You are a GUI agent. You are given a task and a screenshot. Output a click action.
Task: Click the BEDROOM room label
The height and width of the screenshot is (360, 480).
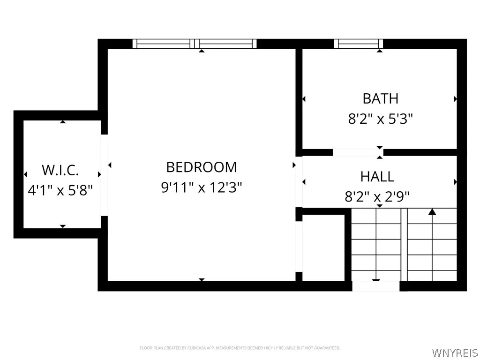[202, 167]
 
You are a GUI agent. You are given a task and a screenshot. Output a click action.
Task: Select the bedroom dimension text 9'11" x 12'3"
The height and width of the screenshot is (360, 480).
[202, 187]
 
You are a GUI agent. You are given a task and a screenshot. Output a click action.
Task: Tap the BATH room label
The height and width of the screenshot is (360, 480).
[380, 98]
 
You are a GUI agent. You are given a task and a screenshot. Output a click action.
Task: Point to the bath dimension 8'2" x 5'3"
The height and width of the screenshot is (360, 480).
[380, 119]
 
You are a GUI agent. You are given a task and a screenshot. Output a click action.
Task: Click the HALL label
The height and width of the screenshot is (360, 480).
[377, 177]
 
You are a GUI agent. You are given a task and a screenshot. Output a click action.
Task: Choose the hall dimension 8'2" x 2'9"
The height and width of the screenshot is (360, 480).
[377, 197]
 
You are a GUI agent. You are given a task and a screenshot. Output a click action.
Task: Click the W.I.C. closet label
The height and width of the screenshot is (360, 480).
[60, 169]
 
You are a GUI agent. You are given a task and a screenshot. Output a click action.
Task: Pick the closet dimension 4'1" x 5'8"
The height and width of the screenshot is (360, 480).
[60, 190]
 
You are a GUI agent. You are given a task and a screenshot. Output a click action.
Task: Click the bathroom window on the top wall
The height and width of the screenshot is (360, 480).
[359, 44]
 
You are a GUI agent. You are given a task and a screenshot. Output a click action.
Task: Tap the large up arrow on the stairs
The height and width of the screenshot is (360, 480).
[432, 212]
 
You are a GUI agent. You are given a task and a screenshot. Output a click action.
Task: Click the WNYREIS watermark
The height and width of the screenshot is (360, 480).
[454, 352]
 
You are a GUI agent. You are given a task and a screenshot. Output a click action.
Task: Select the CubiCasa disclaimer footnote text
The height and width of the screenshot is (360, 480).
[240, 348]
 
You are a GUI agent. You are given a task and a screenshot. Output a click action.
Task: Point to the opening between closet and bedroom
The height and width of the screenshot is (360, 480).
[104, 175]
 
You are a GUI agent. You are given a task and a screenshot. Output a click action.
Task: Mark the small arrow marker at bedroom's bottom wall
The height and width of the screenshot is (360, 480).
[202, 280]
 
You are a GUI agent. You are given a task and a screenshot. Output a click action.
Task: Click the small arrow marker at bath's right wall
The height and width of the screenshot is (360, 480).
[455, 99]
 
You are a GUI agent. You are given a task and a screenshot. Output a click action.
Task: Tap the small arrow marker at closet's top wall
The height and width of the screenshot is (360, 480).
[63, 122]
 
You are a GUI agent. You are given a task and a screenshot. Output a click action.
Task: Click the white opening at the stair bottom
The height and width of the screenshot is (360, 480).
[376, 286]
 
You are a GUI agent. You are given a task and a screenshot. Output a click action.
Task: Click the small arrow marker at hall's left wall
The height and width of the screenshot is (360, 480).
[304, 182]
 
